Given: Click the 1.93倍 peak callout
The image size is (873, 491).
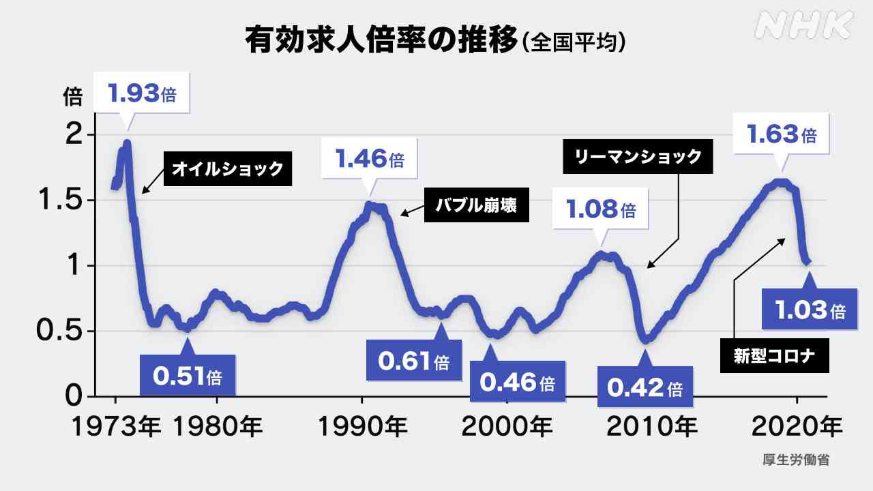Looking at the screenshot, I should pyautogui.click(x=142, y=93).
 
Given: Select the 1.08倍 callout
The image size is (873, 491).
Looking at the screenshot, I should pyautogui.click(x=601, y=209).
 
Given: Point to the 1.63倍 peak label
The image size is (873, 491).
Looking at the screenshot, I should pyautogui.click(x=782, y=134).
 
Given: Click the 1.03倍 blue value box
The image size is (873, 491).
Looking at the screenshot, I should pyautogui.click(x=810, y=310).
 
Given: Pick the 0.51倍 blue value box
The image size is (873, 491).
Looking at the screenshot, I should pyautogui.click(x=187, y=375).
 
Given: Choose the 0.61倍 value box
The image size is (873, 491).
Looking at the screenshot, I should pyautogui.click(x=414, y=360).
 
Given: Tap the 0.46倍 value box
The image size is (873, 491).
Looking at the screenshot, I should pyautogui.click(x=517, y=382).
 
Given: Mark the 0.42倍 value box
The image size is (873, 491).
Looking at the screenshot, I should pyautogui.click(x=645, y=387).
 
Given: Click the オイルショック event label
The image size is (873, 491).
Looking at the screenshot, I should pyautogui.click(x=227, y=168).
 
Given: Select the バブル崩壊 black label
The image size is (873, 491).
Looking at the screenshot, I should pyautogui.click(x=477, y=205).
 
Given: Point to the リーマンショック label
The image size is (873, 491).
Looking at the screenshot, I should pyautogui.click(x=638, y=158).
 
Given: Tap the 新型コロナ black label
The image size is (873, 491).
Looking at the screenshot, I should pyautogui.click(x=775, y=355).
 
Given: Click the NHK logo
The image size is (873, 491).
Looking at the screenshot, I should pyautogui.click(x=805, y=26).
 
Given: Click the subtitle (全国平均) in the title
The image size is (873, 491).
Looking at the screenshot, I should pyautogui.click(x=574, y=42).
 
